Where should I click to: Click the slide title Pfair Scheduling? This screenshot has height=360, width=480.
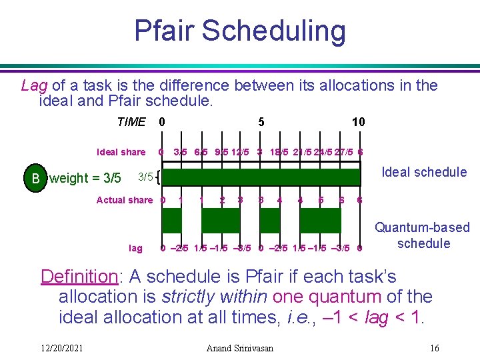click(240, 31)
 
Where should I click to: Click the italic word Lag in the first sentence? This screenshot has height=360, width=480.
click(34, 85)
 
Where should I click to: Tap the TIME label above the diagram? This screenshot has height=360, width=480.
click(131, 122)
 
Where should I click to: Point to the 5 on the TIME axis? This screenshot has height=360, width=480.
click(261, 122)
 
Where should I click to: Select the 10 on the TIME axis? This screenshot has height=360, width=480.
click(358, 122)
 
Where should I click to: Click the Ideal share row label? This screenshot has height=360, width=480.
click(121, 152)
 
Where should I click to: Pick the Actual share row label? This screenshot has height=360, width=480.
click(125, 200)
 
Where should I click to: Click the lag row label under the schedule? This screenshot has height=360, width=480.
click(135, 248)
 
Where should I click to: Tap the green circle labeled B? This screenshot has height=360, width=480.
click(35, 178)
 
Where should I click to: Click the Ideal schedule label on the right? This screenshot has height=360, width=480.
click(423, 172)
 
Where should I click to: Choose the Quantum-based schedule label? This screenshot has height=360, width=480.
click(423, 235)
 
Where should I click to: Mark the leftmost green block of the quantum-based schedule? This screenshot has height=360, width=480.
click(171, 221)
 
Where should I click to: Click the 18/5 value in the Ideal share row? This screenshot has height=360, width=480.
click(279, 152)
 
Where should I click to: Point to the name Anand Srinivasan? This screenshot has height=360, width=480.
click(239, 348)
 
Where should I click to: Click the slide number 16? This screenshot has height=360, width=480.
click(435, 348)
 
